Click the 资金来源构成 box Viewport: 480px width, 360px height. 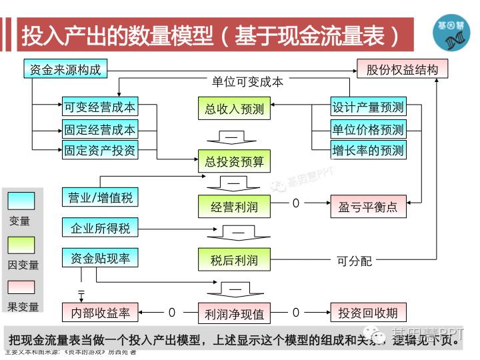65,69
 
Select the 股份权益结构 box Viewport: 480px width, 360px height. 402,69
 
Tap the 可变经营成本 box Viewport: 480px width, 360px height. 99,107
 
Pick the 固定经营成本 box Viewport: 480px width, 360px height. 99,129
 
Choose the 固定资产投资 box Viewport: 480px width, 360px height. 99,150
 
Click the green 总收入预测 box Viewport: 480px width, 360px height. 234,108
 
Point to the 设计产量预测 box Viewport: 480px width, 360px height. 368,107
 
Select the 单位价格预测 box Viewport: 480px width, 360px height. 368,129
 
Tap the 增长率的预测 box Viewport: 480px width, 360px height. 368,150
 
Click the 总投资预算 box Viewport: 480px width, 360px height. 234,161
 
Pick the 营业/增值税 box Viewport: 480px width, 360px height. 100,197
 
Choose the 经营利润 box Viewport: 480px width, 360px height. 234,206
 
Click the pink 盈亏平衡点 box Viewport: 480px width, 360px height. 368,206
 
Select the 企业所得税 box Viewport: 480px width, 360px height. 100,228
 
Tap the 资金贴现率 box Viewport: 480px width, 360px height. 100,259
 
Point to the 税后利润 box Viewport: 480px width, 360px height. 234,260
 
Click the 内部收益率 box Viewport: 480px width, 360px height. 100,312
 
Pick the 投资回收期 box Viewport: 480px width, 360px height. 368,312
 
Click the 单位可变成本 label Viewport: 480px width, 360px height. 247,81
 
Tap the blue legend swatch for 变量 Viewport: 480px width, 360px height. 21,201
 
